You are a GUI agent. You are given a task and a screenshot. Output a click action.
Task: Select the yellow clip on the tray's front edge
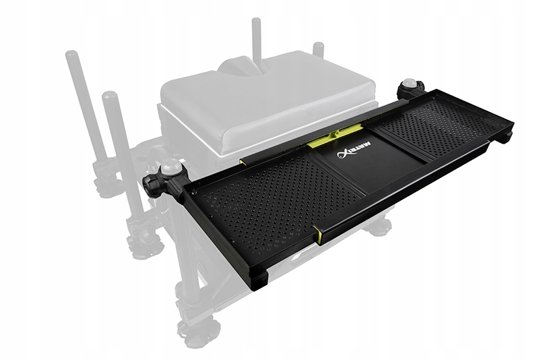pos(317,233)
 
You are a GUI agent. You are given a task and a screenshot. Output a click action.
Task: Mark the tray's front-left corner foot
pos(260,279)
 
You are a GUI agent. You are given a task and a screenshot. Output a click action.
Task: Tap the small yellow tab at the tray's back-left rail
pos(242,161)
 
